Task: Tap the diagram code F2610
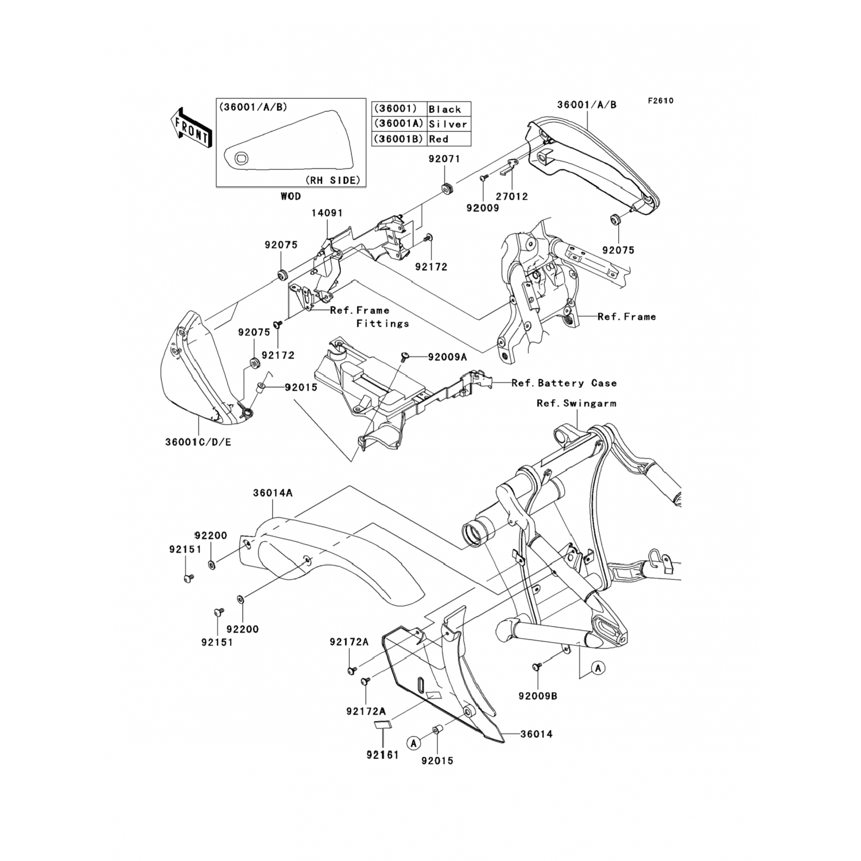pyautogui.click(x=661, y=101)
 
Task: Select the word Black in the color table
pyautogui.click(x=445, y=109)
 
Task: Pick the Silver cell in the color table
pyautogui.click(x=448, y=124)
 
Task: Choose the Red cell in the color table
pyautogui.click(x=439, y=139)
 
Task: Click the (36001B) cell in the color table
pyautogui.click(x=399, y=139)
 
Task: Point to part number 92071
pyautogui.click(x=444, y=159)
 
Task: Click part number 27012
pyautogui.click(x=512, y=196)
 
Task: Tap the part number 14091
pyautogui.click(x=327, y=213)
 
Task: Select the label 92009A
pyautogui.click(x=448, y=357)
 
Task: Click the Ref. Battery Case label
pyautogui.click(x=564, y=383)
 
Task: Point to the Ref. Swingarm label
pyautogui.click(x=576, y=404)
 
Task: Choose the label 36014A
pyautogui.click(x=273, y=492)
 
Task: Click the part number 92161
pyautogui.click(x=382, y=755)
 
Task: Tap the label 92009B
pyautogui.click(x=538, y=696)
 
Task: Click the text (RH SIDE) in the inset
pyautogui.click(x=333, y=180)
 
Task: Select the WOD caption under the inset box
pyautogui.click(x=290, y=196)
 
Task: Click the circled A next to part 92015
pyautogui.click(x=413, y=742)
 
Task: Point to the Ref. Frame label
pyautogui.click(x=626, y=316)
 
